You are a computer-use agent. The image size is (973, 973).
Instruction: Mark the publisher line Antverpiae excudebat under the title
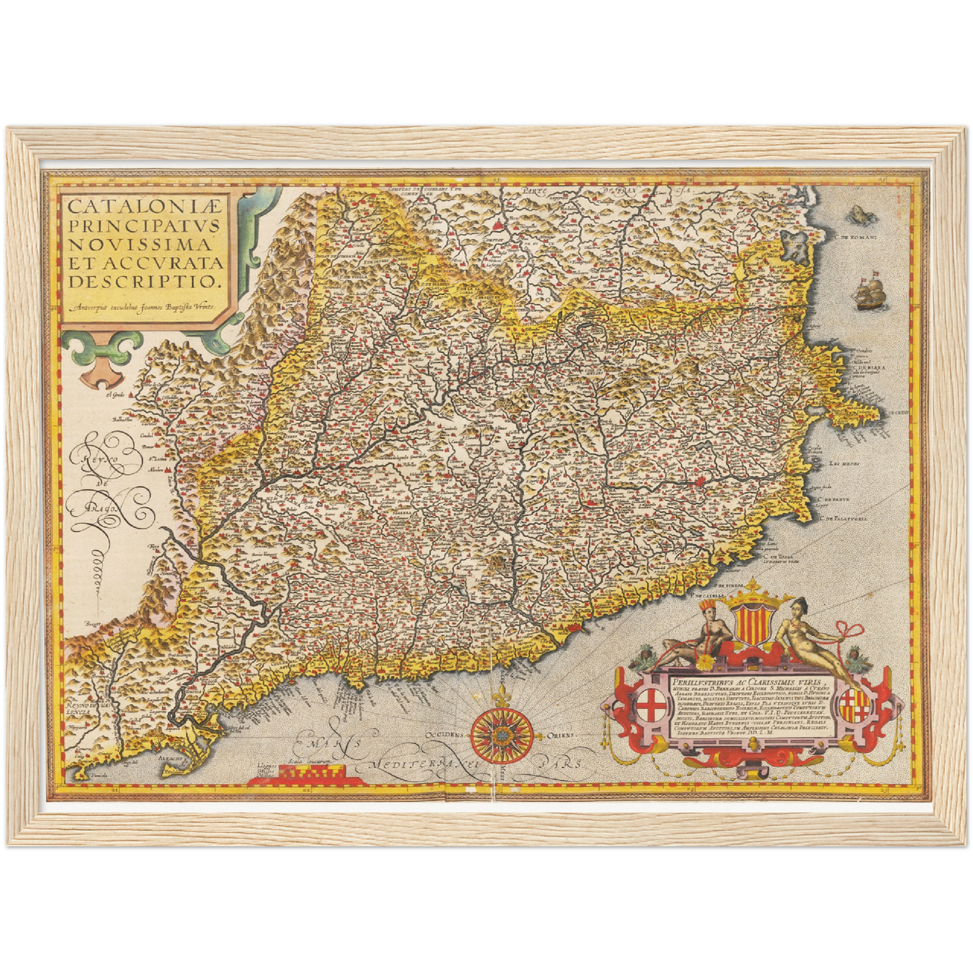pyautogui.click(x=145, y=306)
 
